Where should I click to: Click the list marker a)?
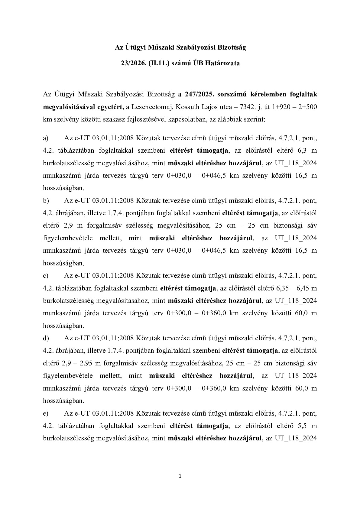pyautogui.click(x=46, y=138)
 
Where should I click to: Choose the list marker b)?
pyautogui.click(x=46, y=201)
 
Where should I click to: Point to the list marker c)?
pyautogui.click(x=46, y=276)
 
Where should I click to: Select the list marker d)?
pyautogui.click(x=46, y=338)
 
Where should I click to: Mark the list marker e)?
pyautogui.click(x=46, y=413)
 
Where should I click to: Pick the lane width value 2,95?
pyautogui.click(x=86, y=363)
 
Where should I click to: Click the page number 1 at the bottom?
pyautogui.click(x=180, y=477)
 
